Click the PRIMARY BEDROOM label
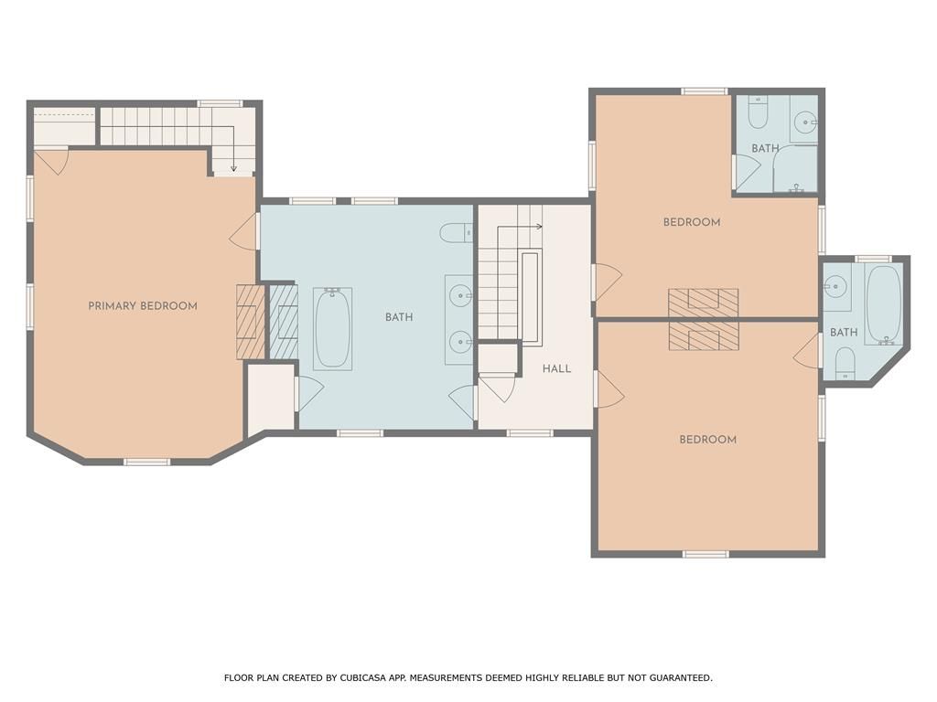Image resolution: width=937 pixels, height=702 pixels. [x=143, y=306]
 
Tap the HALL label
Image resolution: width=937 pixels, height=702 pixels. [x=557, y=369]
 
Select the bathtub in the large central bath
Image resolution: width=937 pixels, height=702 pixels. [x=333, y=329]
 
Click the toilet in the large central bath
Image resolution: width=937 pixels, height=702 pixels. [x=457, y=232]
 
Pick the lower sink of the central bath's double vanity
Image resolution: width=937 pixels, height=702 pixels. [x=460, y=342]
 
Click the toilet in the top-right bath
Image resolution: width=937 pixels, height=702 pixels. [x=757, y=112]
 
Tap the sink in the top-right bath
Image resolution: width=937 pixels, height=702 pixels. [x=804, y=124]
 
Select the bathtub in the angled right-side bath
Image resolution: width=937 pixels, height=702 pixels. [x=884, y=304]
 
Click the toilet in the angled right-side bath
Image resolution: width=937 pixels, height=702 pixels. [x=845, y=363]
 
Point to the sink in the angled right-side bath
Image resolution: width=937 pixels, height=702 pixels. [x=835, y=287]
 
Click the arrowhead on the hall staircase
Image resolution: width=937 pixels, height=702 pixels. [x=540, y=227]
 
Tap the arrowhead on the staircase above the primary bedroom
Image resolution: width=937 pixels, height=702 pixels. [x=233, y=169]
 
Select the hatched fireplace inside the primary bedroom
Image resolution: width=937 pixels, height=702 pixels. [x=251, y=323]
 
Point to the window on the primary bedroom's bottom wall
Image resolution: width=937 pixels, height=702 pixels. [x=147, y=462]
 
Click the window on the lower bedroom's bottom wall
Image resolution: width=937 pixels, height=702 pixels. [x=705, y=554]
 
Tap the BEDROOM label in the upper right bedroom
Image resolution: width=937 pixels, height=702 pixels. [x=692, y=222]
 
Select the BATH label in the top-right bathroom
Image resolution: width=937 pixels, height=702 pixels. [x=766, y=148]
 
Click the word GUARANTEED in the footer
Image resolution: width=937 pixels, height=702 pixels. [x=680, y=677]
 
